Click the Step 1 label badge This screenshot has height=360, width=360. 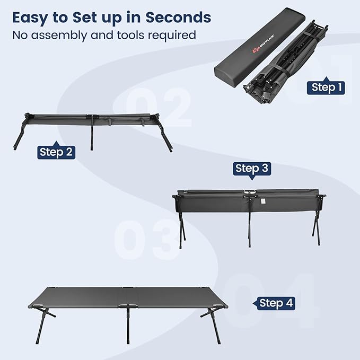[326, 87]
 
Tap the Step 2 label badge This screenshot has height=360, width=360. [56, 151]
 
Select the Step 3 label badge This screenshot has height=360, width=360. [252, 169]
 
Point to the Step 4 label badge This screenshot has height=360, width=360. [274, 303]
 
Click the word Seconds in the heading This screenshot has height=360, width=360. [178, 17]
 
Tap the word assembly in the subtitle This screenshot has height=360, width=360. [59, 36]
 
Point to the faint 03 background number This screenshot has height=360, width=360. [147, 240]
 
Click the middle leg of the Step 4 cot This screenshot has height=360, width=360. [128, 324]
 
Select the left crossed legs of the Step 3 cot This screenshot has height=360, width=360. [182, 230]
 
